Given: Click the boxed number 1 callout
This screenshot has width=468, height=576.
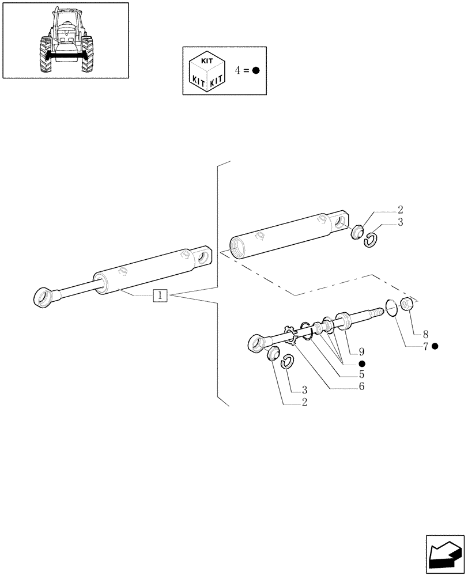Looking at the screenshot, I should coord(160,296).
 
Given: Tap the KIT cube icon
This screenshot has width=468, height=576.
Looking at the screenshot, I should coord(207,71).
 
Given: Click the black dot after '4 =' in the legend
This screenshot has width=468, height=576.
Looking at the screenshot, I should coord(256,70).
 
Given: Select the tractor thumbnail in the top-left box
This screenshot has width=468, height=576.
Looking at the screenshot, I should coord(65,40).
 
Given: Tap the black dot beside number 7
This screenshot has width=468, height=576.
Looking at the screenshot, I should coord(435,346).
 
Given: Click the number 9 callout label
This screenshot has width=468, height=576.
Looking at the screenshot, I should coord(361,351).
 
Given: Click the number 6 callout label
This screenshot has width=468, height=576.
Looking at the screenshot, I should coord(361,386).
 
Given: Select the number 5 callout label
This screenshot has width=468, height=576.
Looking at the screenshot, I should coord(361,374).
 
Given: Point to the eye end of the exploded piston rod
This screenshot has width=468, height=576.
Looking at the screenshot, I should coord(256,344).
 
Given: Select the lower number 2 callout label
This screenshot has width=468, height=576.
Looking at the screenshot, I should coord(304,402).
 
